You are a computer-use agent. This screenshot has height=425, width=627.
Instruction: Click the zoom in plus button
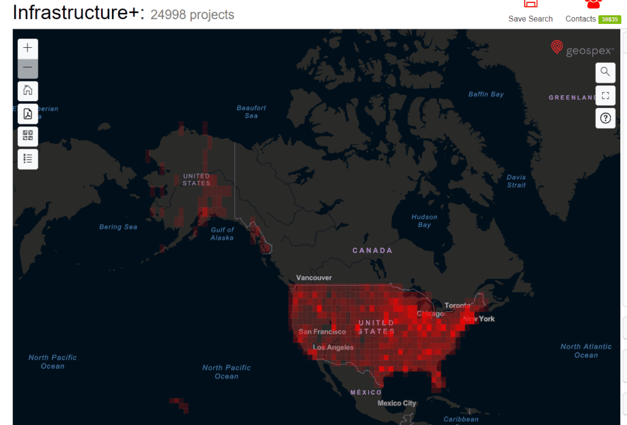click(28, 48)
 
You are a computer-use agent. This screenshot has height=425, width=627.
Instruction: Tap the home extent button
click(28, 91)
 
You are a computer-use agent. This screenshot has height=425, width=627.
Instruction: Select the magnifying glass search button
click(605, 72)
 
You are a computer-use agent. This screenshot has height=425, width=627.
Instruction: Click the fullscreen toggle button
click(605, 95)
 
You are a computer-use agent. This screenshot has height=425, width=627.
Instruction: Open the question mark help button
click(605, 118)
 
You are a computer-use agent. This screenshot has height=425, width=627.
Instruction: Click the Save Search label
click(530, 19)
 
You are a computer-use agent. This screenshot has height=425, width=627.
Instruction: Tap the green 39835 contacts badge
click(609, 20)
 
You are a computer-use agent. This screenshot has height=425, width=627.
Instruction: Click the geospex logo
click(582, 48)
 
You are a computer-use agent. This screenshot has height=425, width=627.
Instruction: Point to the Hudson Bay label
click(424, 221)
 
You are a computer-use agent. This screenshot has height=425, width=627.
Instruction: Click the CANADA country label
click(372, 250)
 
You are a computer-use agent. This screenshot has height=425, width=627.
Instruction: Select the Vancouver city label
click(314, 278)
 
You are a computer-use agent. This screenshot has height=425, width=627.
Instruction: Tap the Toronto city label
click(457, 305)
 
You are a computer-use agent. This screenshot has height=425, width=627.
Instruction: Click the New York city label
click(479, 319)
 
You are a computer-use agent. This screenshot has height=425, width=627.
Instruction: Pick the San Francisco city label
click(322, 332)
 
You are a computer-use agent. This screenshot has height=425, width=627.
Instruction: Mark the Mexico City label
click(397, 403)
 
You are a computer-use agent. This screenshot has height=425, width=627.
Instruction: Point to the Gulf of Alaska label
click(222, 234)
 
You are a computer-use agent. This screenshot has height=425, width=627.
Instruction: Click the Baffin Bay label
click(486, 94)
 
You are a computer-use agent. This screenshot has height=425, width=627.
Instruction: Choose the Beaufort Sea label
click(252, 112)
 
